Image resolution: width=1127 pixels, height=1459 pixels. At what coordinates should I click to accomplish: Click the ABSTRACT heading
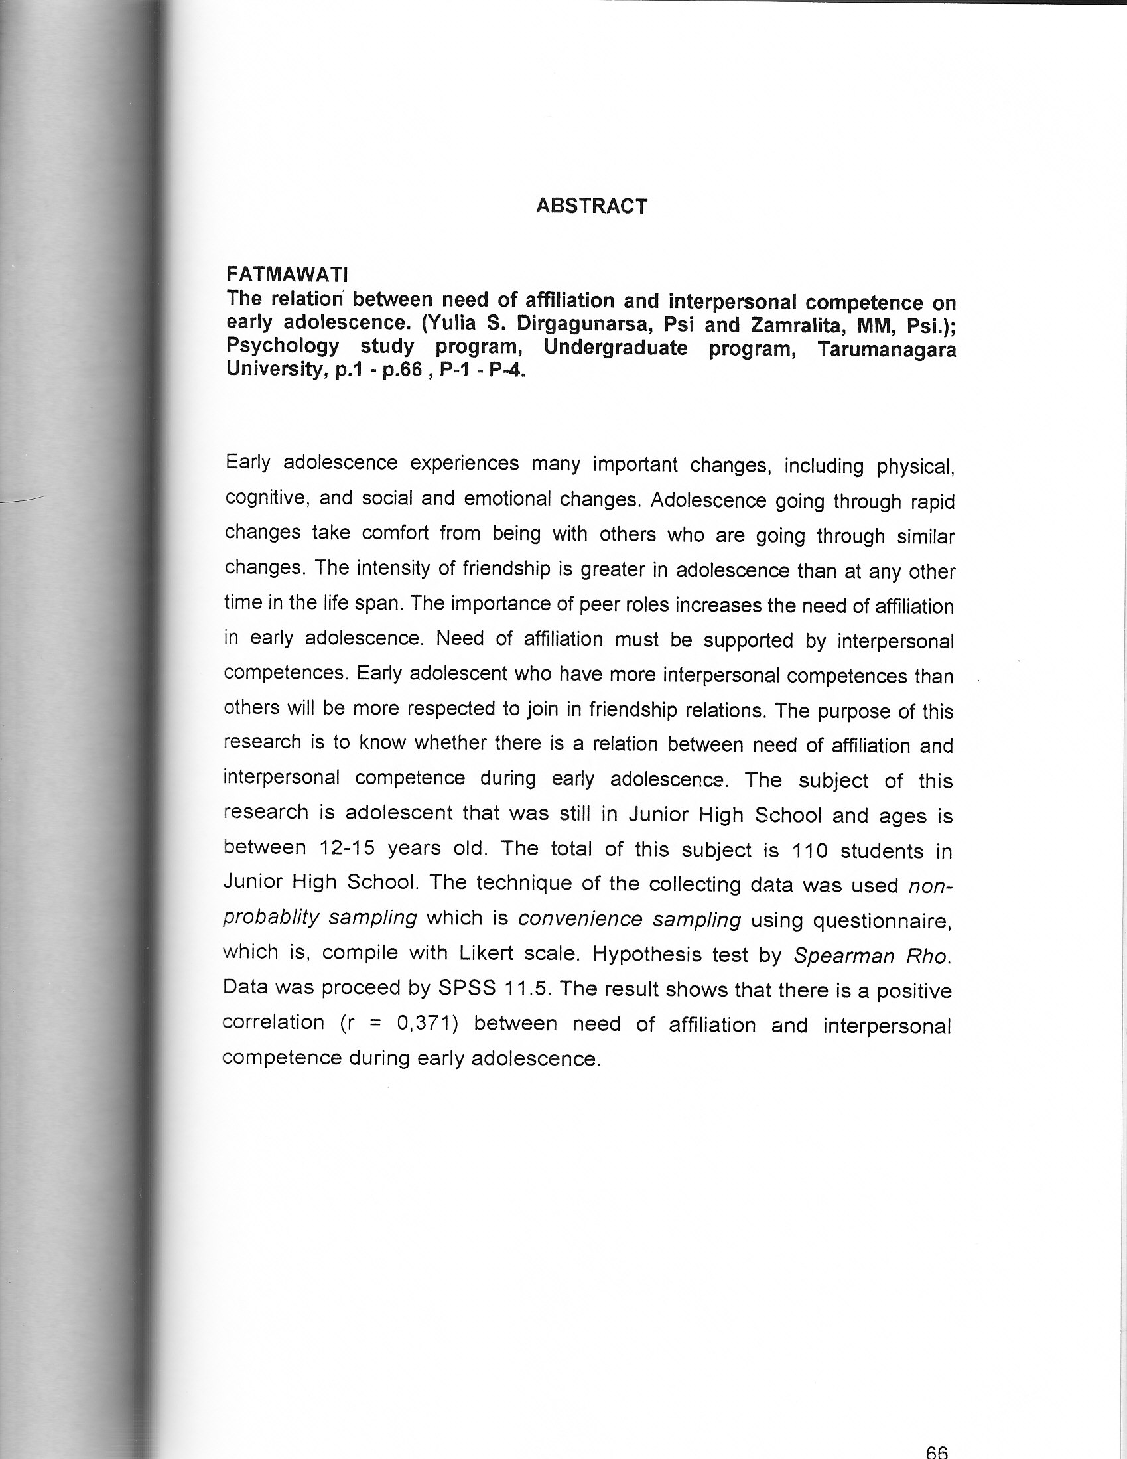[591, 206]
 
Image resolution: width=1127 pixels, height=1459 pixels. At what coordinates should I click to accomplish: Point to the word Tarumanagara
[886, 350]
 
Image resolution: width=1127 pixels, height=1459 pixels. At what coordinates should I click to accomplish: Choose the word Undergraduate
[616, 348]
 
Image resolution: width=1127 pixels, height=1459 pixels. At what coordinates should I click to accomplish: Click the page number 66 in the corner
[937, 1450]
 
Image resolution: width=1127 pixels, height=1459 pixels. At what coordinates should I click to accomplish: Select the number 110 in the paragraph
[810, 851]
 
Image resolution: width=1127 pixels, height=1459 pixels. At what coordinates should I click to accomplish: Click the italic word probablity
[271, 918]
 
